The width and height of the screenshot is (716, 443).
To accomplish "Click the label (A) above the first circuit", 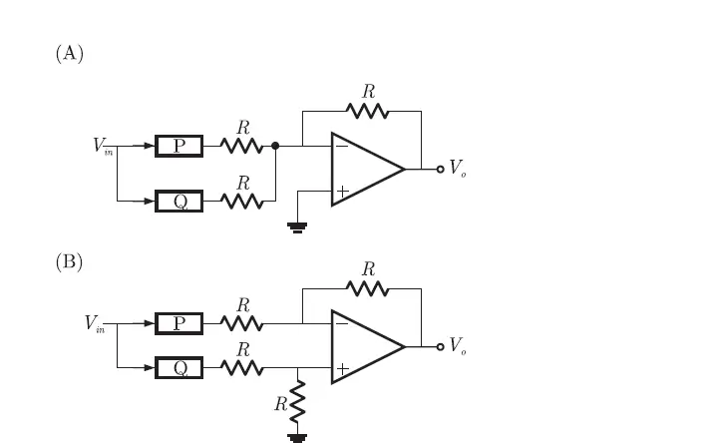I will click(x=69, y=54).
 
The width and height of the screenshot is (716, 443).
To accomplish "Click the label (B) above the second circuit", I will click(x=69, y=262).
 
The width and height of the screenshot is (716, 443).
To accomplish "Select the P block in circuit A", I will click(x=179, y=147).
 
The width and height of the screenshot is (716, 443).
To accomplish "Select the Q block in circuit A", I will click(x=179, y=202).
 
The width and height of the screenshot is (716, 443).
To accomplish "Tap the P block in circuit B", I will click(x=179, y=323).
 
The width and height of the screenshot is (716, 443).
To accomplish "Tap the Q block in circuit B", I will click(x=179, y=368).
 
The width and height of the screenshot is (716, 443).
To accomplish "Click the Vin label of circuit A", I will click(x=103, y=147).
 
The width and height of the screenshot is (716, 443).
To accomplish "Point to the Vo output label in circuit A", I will click(x=457, y=170).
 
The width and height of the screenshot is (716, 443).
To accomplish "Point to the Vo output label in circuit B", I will click(x=457, y=346).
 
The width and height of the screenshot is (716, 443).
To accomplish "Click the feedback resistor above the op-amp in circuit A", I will click(x=368, y=111).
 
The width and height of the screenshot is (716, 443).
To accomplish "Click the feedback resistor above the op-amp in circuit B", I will click(x=368, y=288).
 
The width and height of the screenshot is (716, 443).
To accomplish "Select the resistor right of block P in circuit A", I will click(x=242, y=147).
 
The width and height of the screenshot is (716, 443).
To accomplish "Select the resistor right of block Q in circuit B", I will click(x=242, y=368).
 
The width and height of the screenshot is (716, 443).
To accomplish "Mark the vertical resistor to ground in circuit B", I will click(x=297, y=402).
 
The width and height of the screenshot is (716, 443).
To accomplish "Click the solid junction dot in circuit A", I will click(x=275, y=147).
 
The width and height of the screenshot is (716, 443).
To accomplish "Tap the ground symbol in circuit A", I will click(x=297, y=226).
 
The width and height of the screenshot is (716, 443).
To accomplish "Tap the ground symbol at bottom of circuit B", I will click(x=297, y=436).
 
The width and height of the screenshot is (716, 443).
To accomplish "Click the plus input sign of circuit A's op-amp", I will click(x=342, y=191).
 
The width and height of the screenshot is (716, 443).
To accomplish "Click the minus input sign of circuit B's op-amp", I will click(x=342, y=324).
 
